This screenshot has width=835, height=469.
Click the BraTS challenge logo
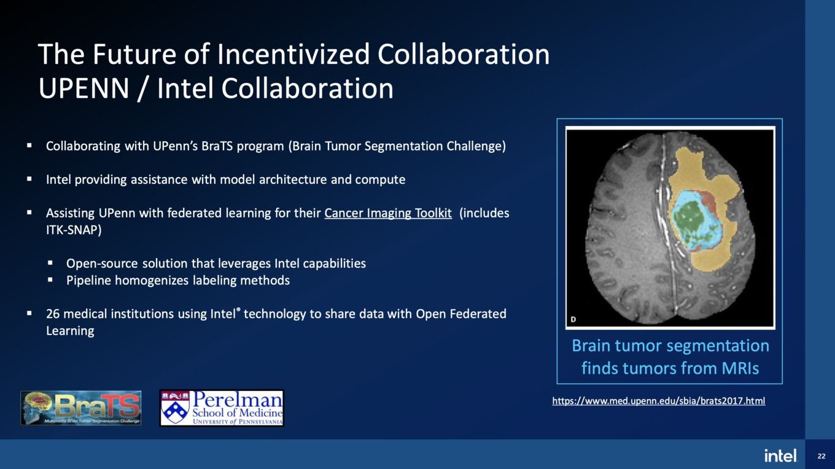coord(81,408)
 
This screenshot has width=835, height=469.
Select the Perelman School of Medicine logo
coord(222,408)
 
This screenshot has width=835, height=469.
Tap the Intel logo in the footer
coord(780,455)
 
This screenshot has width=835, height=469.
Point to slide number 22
coord(821,456)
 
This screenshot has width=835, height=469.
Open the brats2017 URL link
coord(659,401)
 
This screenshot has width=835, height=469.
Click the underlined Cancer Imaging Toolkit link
coord(387,213)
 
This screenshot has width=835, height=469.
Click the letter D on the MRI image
coord(573,319)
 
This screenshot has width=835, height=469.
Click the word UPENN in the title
coord(84,88)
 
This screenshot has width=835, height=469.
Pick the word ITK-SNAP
coord(74,230)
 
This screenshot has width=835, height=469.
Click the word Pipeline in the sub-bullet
coord(88,280)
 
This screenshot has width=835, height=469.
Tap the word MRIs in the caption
coord(740,368)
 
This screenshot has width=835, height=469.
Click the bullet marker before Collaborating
coord(29,145)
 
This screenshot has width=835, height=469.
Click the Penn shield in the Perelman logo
coord(176,410)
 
